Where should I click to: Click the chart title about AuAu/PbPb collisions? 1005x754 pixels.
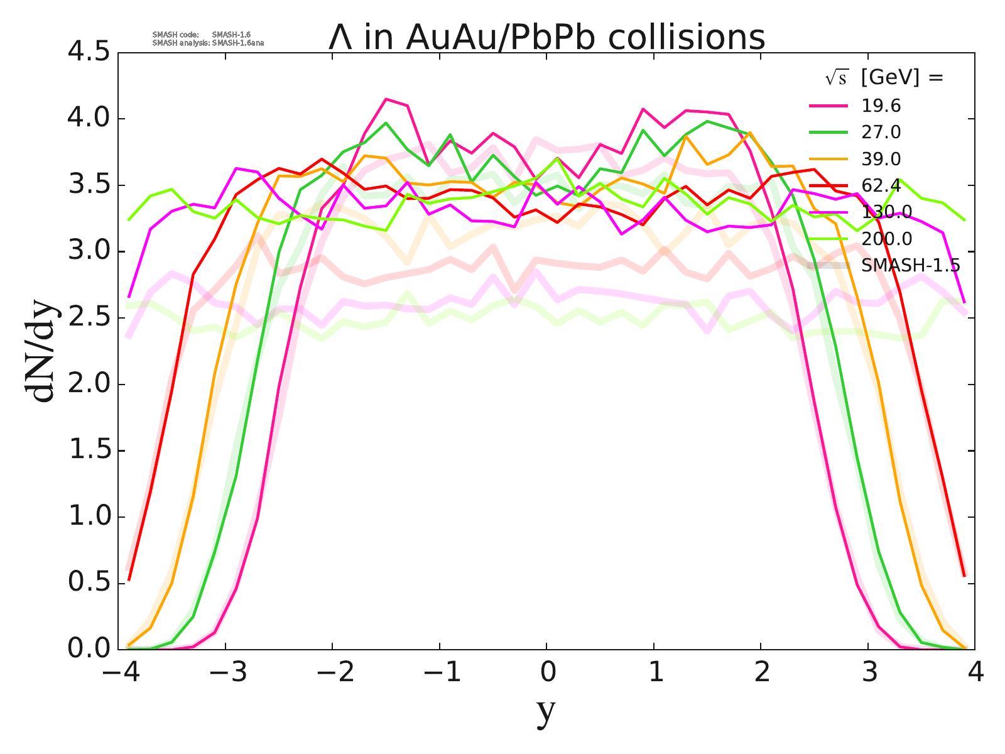pyautogui.click(x=546, y=38)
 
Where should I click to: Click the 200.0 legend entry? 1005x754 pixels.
pyautogui.click(x=886, y=239)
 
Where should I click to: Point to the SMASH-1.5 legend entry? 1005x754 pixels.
pyautogui.click(x=910, y=265)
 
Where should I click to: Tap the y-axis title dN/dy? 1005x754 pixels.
pyautogui.click(x=43, y=352)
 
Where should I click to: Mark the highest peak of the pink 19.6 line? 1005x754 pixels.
pyautogui.click(x=386, y=99)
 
